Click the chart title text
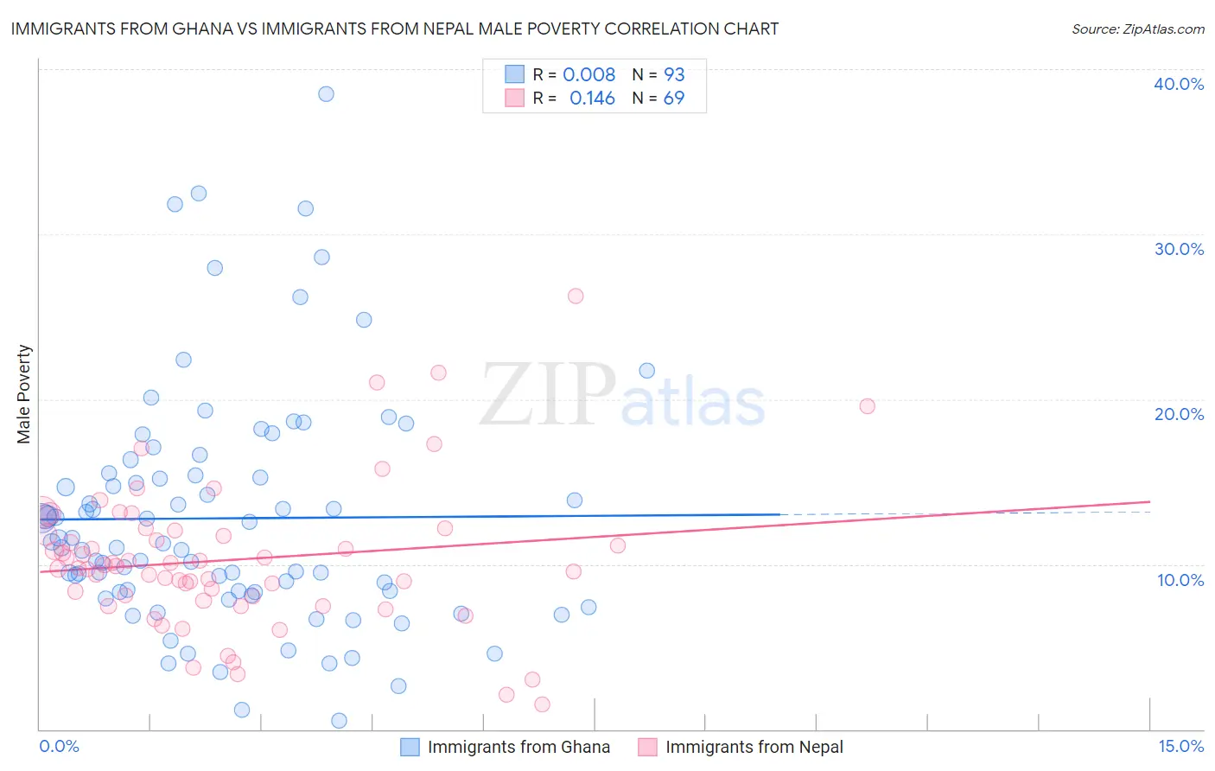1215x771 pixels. [394, 29]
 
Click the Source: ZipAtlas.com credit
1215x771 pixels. [1137, 29]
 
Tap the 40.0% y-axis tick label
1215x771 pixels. [1179, 84]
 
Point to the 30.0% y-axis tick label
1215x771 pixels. [1179, 249]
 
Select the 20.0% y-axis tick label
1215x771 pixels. [1179, 414]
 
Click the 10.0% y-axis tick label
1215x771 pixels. [1180, 580]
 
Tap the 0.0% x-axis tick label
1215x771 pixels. [59, 746]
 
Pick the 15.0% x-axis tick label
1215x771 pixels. [1180, 746]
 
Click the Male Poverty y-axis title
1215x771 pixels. [24, 394]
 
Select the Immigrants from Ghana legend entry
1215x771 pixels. [518, 747]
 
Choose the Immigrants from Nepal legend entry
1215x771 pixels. [754, 747]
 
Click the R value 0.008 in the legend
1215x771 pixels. [589, 75]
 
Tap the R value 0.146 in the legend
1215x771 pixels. [592, 99]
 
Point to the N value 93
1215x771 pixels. [674, 75]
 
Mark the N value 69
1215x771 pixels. [674, 99]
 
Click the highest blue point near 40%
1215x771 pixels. [326, 94]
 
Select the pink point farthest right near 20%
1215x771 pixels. [867, 406]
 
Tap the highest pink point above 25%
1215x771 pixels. [576, 296]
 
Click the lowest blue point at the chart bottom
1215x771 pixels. [339, 721]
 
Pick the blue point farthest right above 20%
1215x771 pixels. [646, 371]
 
